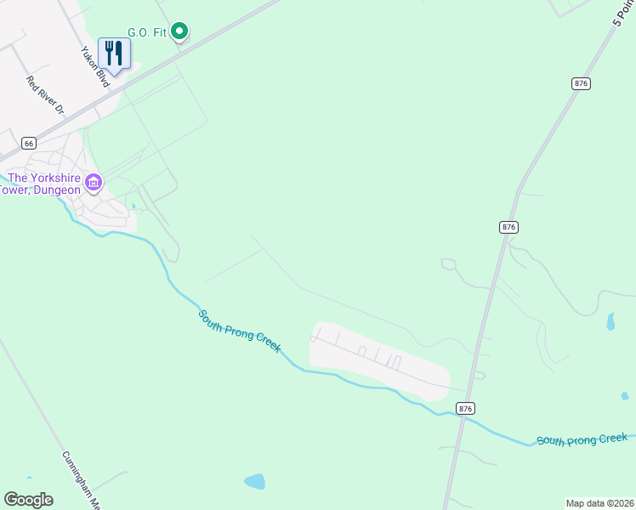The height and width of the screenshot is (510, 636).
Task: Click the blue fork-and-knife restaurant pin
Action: pos(113,54)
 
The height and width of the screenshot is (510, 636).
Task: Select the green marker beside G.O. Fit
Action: pos(179,32)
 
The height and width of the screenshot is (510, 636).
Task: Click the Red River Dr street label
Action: pos(46,95)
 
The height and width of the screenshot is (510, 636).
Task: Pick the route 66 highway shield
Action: pos(29,143)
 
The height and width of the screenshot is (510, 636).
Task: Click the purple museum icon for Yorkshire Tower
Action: pos(94,183)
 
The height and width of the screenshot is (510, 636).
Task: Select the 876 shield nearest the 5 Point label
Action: pos(581,83)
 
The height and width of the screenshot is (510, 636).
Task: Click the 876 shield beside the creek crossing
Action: pos(465,409)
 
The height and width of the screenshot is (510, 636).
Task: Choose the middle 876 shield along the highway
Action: pos(508,227)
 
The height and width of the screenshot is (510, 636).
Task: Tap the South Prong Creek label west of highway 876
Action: pos(240,332)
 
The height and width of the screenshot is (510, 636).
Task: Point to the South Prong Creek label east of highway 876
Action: pos(581,439)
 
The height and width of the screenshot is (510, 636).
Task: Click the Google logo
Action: pos(28,500)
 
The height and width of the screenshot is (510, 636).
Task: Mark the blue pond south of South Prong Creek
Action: pos(254,482)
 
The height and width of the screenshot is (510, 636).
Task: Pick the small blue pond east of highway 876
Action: pos(610,321)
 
